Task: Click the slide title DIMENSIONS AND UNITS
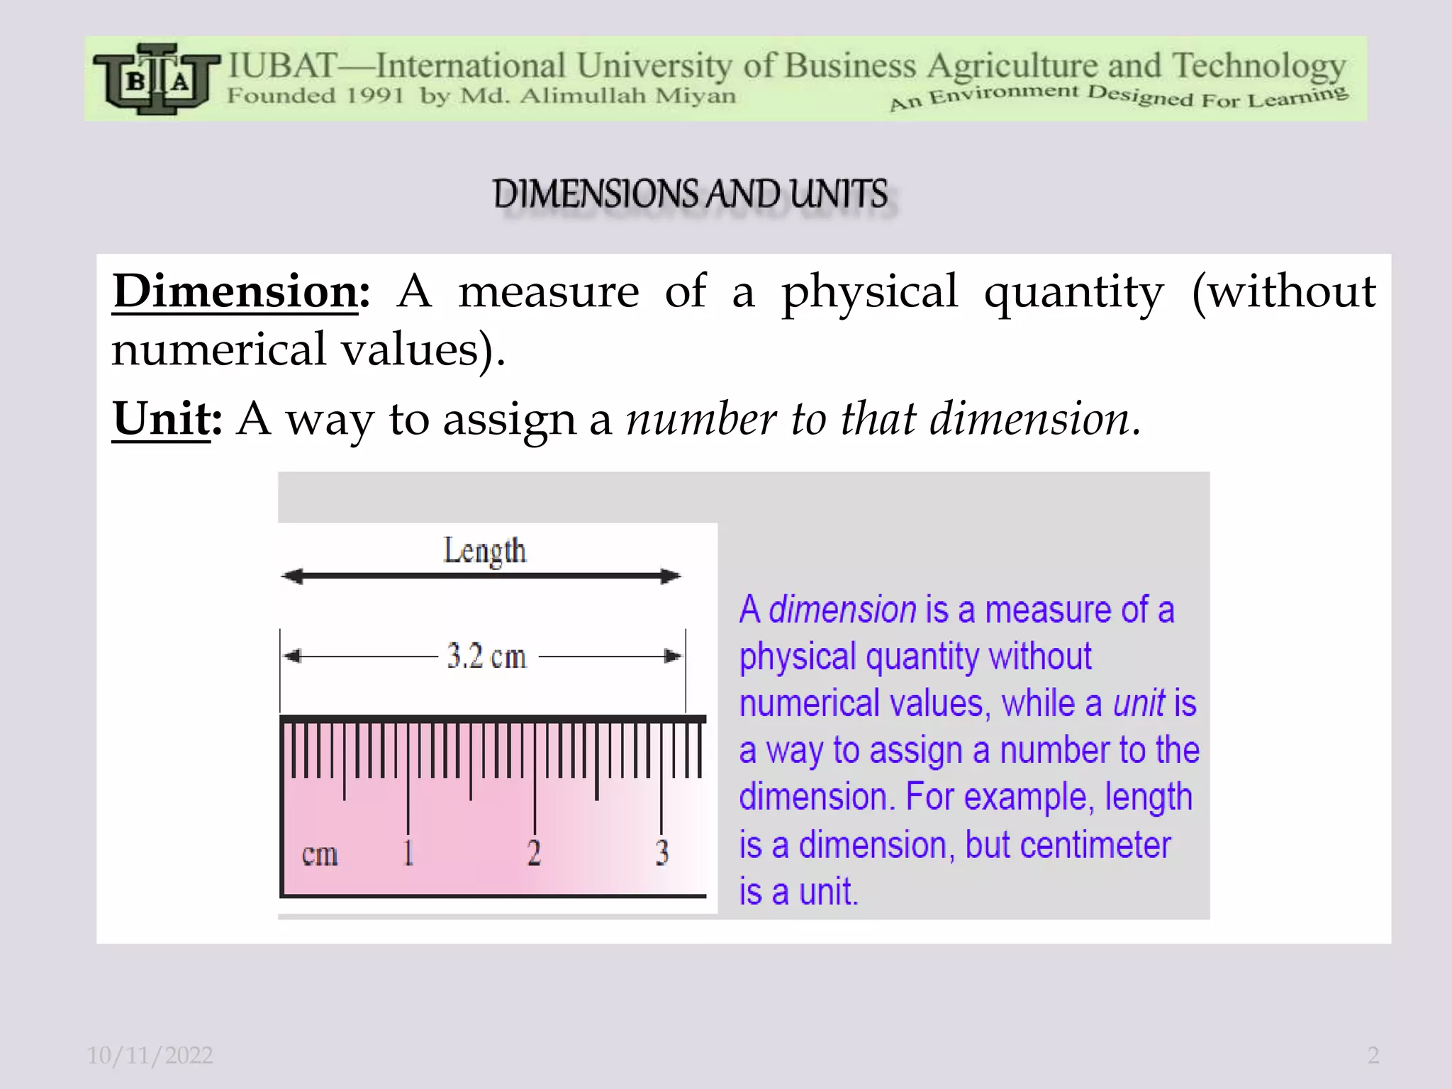[x=691, y=194]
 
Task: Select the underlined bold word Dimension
[x=235, y=291]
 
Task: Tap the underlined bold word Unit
[x=162, y=418]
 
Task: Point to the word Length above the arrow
[x=485, y=551]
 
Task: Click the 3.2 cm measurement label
[x=486, y=657]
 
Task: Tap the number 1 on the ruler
[x=408, y=852]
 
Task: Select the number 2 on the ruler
[x=534, y=852]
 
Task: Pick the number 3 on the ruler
[x=661, y=852]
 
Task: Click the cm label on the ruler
[x=320, y=854]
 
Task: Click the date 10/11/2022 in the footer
[x=150, y=1056]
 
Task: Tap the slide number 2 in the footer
[x=1373, y=1056]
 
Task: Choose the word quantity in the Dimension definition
[x=1073, y=291]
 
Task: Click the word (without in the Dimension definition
[x=1284, y=291]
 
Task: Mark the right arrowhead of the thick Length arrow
[x=670, y=576]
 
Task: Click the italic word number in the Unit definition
[x=700, y=418]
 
